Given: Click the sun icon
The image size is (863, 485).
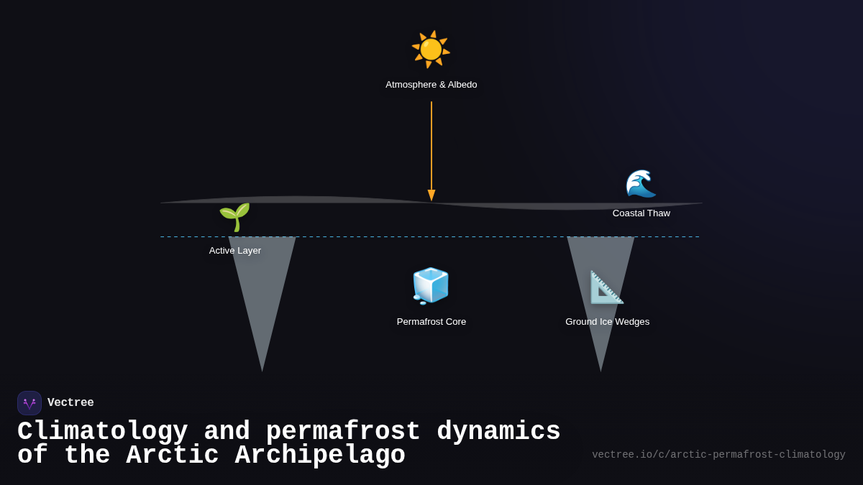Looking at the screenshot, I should click(431, 49).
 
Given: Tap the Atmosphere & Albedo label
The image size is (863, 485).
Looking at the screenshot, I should click(431, 85).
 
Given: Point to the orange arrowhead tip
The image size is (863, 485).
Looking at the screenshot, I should click(431, 200).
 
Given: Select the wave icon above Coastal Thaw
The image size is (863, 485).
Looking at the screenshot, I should click(640, 184).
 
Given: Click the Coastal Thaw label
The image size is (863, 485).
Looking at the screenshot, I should click(641, 213).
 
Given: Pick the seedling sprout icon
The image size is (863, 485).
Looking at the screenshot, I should click(234, 217).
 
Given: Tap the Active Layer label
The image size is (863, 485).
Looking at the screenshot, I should click(235, 251).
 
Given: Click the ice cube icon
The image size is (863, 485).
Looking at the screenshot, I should click(431, 286).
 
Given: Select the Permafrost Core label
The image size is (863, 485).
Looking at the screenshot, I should click(431, 322).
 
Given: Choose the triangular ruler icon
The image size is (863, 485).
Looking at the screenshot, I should click(606, 287).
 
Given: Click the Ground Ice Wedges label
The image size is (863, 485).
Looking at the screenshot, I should click(607, 322).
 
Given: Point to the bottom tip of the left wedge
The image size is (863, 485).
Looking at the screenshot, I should click(262, 371).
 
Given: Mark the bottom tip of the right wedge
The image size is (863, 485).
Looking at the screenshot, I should click(601, 371).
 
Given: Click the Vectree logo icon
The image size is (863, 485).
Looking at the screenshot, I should click(29, 403).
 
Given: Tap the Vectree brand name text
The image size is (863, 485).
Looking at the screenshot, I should click(70, 403).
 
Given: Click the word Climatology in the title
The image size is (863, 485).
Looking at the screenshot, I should click(102, 432).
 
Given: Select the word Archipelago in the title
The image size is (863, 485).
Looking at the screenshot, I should click(320, 456).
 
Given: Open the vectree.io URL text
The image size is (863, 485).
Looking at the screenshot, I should click(718, 455).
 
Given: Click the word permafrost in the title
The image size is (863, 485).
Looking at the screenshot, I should click(343, 432).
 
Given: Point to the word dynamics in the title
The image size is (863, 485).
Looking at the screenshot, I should click(498, 432).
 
